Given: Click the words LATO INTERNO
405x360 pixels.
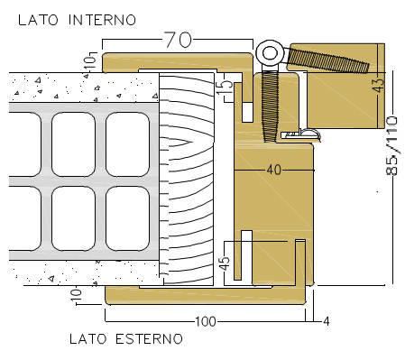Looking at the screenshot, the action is pos(77,20).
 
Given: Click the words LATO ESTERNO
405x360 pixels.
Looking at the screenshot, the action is pos(126,339).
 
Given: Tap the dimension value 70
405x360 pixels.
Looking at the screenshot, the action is pos(178,40).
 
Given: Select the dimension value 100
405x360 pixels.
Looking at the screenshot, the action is pos(206,321).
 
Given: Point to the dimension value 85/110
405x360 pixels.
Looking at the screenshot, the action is pos(391,145).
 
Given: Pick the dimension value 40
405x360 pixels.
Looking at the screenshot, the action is pos(274,171).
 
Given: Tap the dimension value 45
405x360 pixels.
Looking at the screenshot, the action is pos(225,263).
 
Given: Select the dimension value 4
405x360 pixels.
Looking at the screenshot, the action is pos(327,321).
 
